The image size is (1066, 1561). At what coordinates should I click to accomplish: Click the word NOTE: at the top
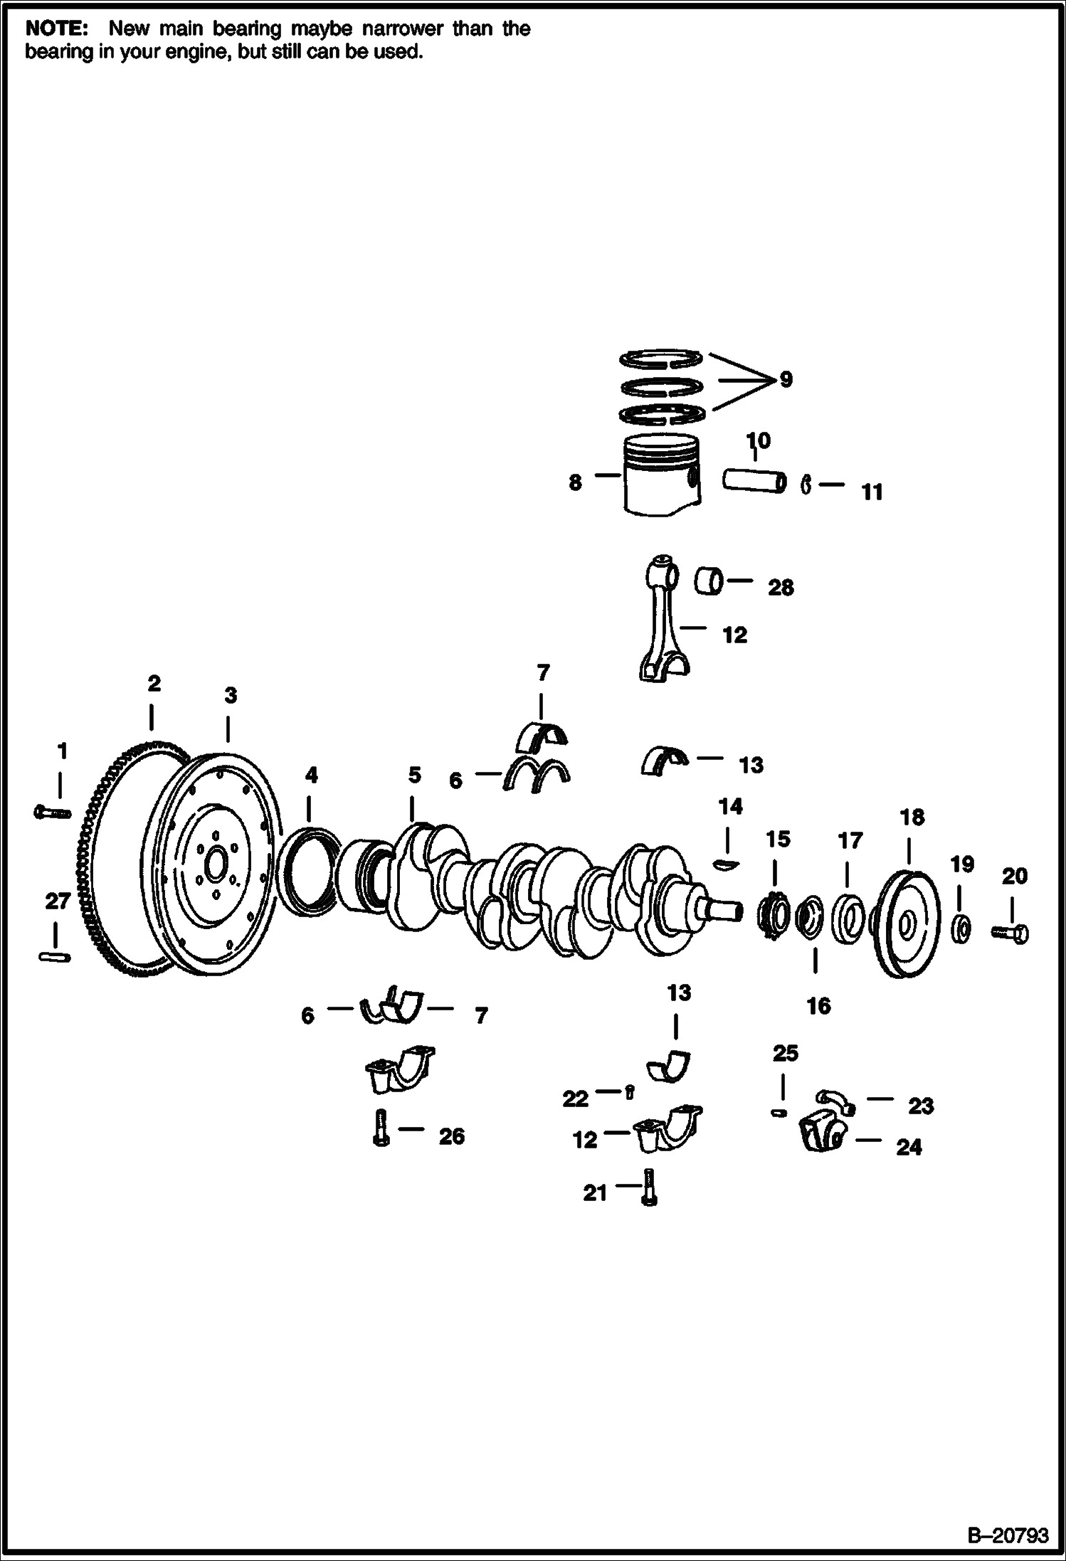coord(57,29)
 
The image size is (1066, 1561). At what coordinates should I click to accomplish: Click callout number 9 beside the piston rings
coord(786,379)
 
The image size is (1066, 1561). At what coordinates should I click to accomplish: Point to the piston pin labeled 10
coord(755,480)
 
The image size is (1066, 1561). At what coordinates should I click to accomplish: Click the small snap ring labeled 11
coord(806,485)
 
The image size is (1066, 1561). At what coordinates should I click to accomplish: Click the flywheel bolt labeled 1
coord(53,811)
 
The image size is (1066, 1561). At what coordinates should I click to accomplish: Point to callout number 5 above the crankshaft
coord(415,775)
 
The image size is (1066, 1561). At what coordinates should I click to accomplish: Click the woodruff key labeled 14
coord(727,864)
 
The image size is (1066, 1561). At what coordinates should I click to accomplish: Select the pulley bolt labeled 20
coord(1010,931)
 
